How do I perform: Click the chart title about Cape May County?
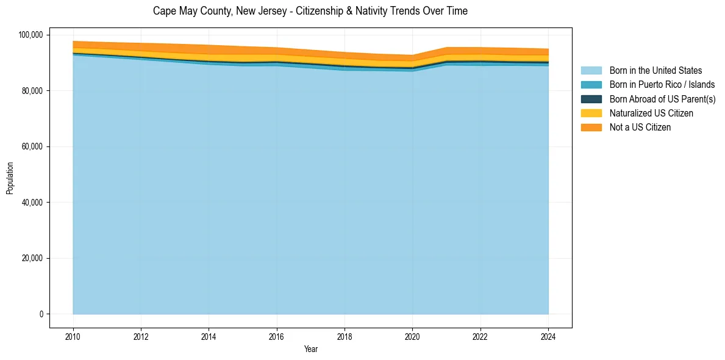(x=310, y=11)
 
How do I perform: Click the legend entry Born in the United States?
(x=655, y=71)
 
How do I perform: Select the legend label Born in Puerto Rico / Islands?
(x=662, y=85)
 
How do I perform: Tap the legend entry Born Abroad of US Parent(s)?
(x=662, y=99)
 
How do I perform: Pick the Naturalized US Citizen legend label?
(x=651, y=113)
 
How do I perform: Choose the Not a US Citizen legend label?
(x=640, y=128)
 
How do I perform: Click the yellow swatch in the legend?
(x=591, y=113)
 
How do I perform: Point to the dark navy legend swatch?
(x=591, y=99)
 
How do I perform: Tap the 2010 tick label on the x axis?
(x=73, y=336)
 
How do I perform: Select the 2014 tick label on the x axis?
(x=209, y=336)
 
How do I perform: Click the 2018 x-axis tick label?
(x=345, y=336)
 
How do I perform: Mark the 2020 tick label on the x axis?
(x=413, y=336)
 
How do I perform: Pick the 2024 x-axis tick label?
(x=548, y=336)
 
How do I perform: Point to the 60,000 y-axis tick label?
(x=31, y=146)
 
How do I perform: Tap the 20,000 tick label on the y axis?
(x=31, y=258)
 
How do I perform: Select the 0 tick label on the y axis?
(x=41, y=314)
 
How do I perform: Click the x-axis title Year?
(x=310, y=350)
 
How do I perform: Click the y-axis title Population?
(x=10, y=178)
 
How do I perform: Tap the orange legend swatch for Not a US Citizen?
(x=591, y=128)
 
